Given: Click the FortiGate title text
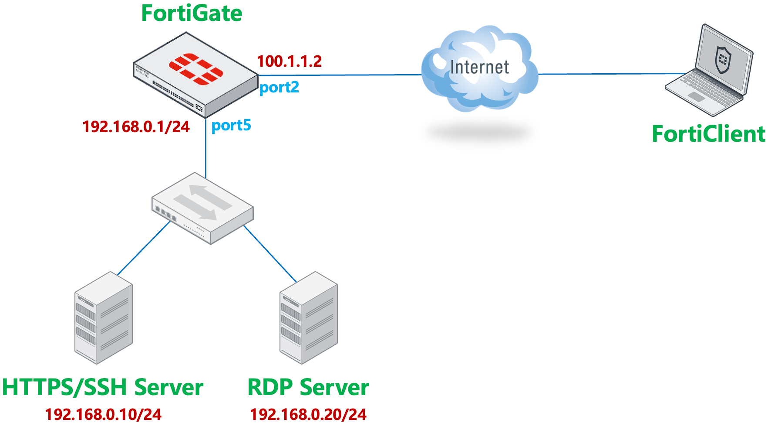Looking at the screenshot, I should tap(192, 13).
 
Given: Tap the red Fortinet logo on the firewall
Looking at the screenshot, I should tap(196, 69).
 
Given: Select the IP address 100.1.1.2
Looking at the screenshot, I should tap(289, 61).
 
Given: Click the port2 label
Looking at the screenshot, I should tap(279, 88).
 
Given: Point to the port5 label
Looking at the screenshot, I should tap(231, 126).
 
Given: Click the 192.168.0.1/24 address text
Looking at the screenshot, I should tap(136, 127).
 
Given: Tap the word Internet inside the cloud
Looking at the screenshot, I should tap(479, 68).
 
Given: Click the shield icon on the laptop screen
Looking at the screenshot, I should tap(723, 60).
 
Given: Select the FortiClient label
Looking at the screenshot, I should tap(708, 134).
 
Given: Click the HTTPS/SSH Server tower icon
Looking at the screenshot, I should tap(104, 318).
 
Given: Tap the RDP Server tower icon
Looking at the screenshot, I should tap(308, 318).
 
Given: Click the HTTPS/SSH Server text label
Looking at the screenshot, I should tap(103, 387).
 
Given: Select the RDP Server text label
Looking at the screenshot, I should tap(308, 387).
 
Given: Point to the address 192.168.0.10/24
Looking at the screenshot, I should tap(103, 414).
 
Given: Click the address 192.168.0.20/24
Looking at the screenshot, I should tap(308, 414).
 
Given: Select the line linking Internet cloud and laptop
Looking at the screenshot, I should tap(610, 74).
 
